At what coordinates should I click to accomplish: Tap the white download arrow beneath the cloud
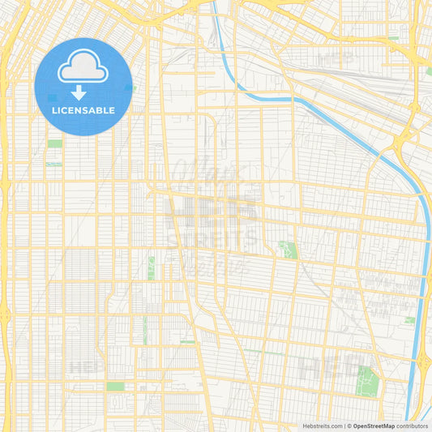coord(79,92)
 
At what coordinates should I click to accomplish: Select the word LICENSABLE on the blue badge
coord(83,110)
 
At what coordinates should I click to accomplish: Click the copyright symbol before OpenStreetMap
coord(348,426)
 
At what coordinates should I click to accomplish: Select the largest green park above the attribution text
coord(367,378)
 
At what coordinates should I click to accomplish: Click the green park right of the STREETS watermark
coord(287,250)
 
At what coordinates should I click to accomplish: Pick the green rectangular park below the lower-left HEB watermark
coord(115,386)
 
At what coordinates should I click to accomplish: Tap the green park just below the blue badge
coord(54,143)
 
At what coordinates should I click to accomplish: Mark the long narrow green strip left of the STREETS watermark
coord(151,268)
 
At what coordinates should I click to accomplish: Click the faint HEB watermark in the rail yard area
coord(336,58)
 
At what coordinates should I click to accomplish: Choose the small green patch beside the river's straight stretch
coord(410,320)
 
